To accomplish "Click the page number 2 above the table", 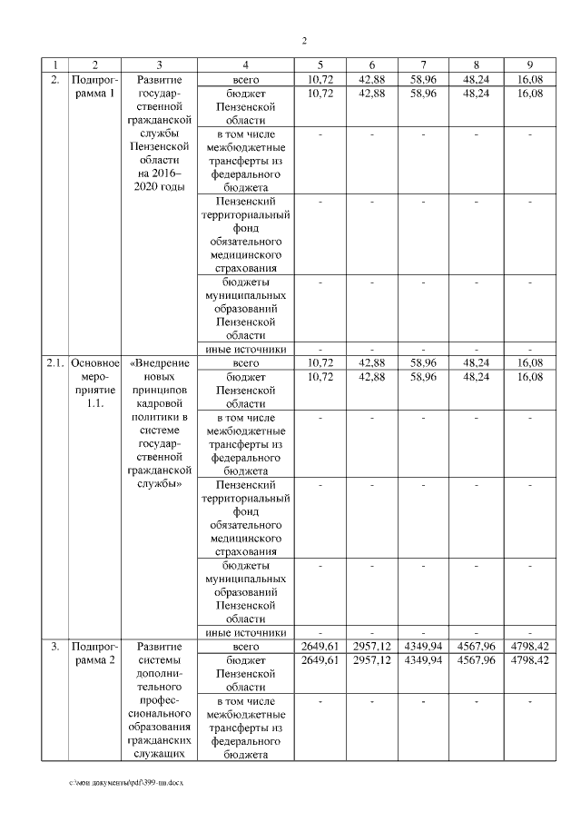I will coord(304,41).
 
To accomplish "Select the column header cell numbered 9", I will coord(527,64).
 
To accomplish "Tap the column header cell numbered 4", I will coord(245,64).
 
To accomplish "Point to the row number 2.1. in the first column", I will coord(54,362).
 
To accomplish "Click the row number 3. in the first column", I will coord(54,646).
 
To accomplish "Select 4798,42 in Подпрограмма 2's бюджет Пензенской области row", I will coord(527,660).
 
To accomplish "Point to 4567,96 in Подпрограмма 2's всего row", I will coord(476,646).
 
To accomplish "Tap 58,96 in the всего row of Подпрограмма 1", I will coord(424,79).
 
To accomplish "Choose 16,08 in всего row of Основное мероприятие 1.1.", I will coord(527,362).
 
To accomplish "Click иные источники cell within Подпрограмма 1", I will coord(245,349).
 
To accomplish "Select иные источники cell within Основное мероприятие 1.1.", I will coord(245,632).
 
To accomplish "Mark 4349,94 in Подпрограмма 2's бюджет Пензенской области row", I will coord(424,660).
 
